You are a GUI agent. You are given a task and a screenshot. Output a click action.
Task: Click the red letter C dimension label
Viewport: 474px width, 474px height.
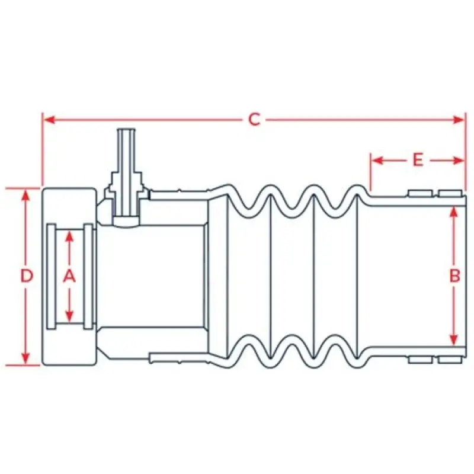(254, 120)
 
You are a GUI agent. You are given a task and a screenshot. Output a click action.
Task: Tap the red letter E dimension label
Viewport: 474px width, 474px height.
(418, 160)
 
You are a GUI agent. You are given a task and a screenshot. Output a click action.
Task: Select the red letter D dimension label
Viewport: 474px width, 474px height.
(27, 276)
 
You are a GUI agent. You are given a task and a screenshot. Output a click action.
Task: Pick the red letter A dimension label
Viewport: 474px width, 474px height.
(69, 276)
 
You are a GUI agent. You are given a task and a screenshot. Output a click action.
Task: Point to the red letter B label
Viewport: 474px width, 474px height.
(454, 276)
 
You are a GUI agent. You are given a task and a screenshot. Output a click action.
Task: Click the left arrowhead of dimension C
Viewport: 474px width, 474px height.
(49, 120)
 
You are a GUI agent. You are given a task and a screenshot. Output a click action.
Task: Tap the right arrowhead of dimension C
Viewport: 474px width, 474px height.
(457, 120)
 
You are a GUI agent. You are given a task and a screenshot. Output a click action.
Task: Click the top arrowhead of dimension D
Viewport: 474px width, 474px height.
(26, 196)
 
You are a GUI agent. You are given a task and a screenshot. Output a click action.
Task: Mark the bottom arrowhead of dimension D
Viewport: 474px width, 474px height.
(26, 358)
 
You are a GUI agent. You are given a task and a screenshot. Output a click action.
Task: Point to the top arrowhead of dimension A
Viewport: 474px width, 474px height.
(69, 238)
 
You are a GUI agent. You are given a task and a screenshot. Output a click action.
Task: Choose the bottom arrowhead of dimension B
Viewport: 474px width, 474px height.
(453, 339)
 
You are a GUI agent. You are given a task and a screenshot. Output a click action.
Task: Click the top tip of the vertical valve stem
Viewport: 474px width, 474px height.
(126, 129)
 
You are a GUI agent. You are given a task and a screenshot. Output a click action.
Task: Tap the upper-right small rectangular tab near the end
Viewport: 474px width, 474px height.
(450, 193)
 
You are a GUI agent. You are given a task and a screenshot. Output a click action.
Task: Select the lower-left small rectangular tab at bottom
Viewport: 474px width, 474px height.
(420, 360)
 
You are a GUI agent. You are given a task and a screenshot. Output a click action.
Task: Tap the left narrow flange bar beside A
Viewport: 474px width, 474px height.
(52, 276)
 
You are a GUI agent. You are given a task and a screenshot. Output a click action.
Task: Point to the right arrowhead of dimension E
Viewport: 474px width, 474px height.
(457, 160)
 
